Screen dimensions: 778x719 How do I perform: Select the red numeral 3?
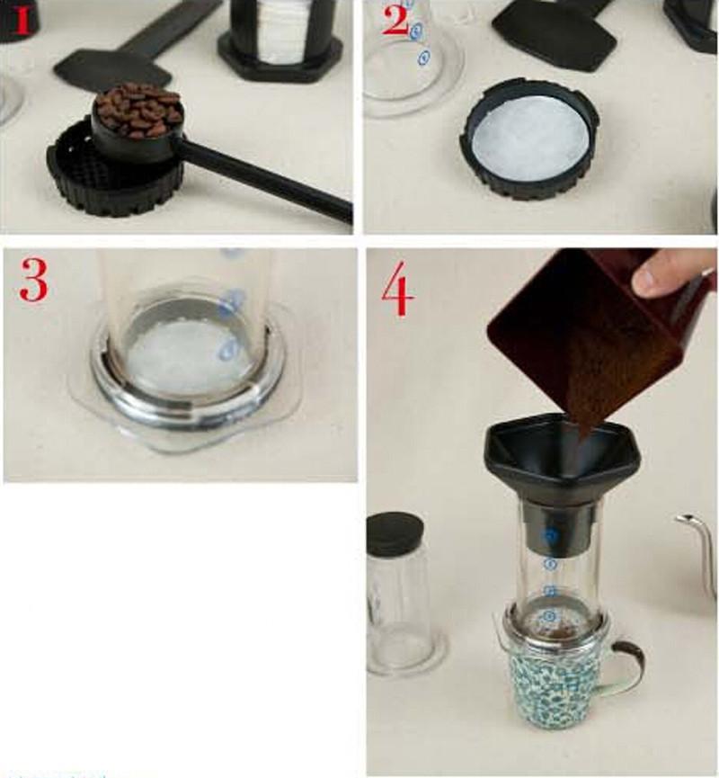[33, 280]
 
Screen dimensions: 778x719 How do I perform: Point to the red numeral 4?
[397, 291]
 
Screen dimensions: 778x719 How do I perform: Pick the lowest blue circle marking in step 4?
[549, 617]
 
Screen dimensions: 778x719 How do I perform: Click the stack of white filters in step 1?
[281, 31]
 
